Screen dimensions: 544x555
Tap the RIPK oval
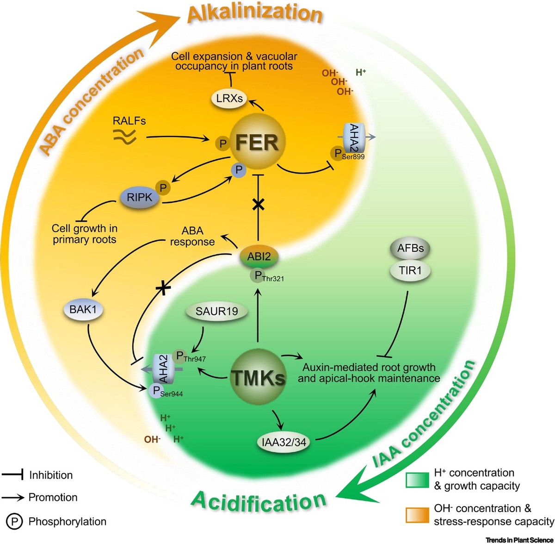(x=139, y=197)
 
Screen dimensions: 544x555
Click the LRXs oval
(x=229, y=98)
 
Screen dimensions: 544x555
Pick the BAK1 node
(x=83, y=309)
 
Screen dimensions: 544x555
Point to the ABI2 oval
(x=259, y=256)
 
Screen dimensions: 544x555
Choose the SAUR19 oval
(x=216, y=311)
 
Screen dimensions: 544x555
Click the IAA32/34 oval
(x=284, y=442)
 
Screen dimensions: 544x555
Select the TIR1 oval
(x=410, y=270)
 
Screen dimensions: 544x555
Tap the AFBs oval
(x=410, y=248)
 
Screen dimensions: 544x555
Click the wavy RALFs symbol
(x=124, y=136)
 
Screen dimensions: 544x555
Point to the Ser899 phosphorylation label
(x=353, y=156)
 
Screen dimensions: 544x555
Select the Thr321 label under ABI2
(x=272, y=279)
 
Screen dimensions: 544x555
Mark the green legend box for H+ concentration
(x=417, y=480)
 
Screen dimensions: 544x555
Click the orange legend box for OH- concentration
(x=417, y=514)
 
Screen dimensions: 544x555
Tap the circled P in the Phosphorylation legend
(x=15, y=522)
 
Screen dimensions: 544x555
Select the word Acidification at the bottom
(x=259, y=502)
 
